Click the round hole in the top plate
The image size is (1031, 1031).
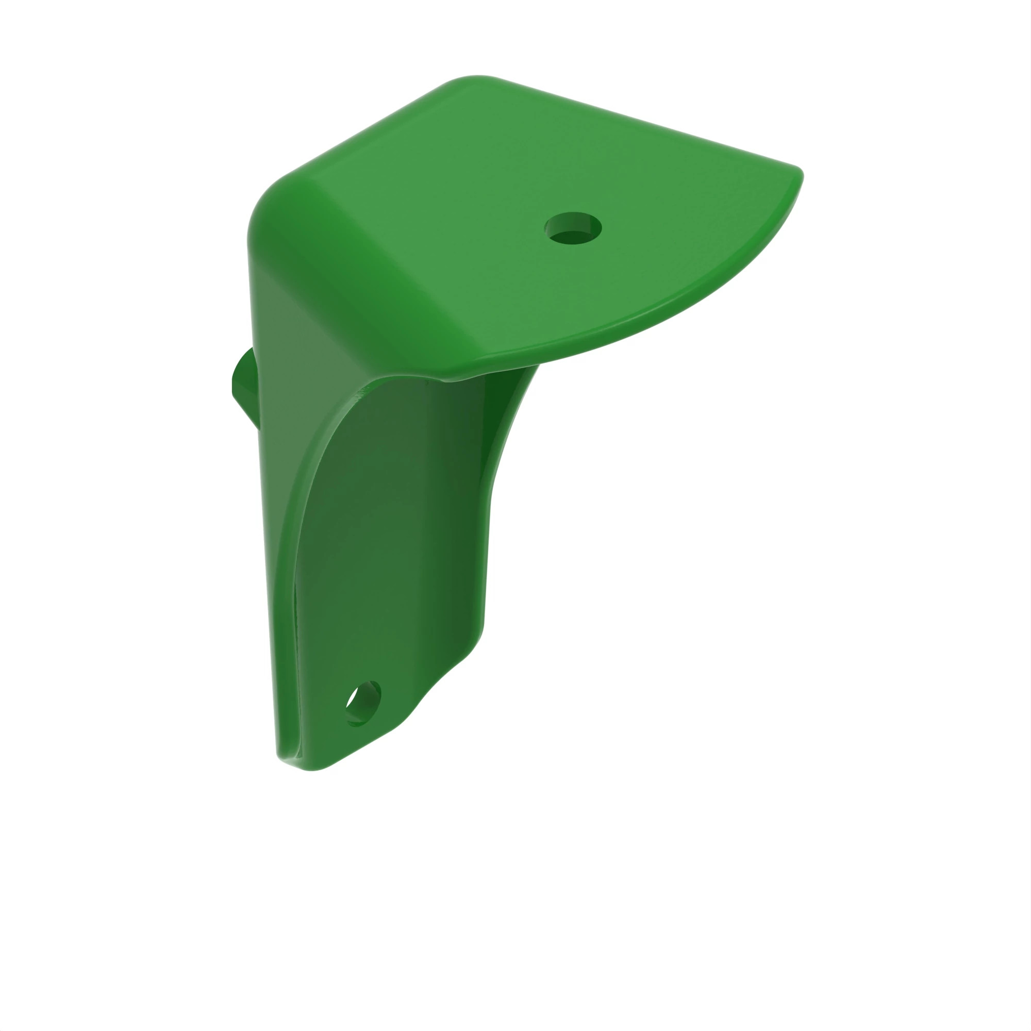[573, 228]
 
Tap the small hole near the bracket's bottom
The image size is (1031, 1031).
[363, 703]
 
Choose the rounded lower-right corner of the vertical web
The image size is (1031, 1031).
[470, 648]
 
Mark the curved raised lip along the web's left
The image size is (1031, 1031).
[304, 480]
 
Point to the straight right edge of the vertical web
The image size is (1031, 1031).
[486, 560]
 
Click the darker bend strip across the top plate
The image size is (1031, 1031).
[374, 267]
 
